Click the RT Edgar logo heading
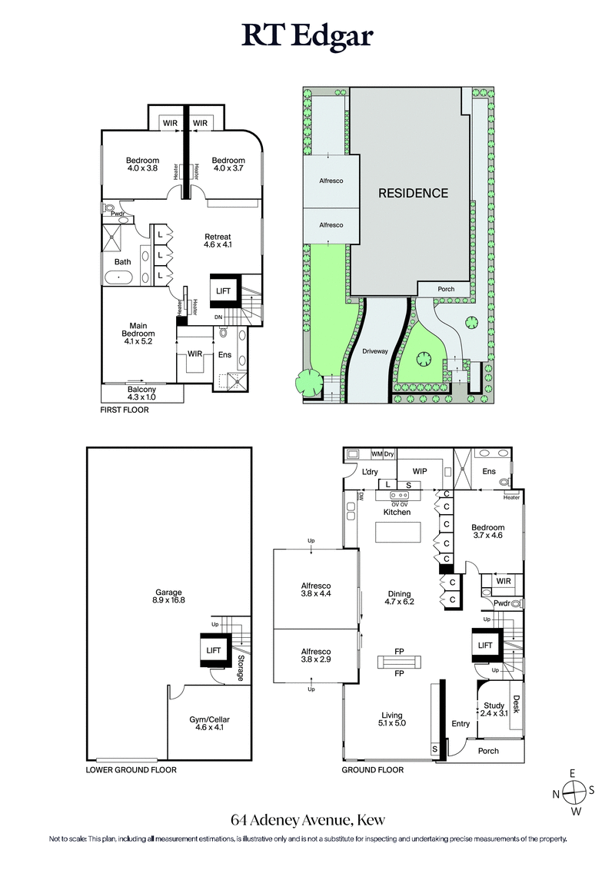click(x=307, y=36)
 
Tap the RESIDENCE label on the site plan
click(x=413, y=193)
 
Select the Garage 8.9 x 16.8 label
click(x=168, y=596)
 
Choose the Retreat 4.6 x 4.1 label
click(x=218, y=240)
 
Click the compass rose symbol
click(x=573, y=792)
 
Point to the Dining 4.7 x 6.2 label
click(x=400, y=598)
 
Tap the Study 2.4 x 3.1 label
click(x=494, y=709)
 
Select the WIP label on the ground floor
click(x=420, y=471)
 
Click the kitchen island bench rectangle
click(x=399, y=533)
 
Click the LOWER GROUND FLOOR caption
click(x=131, y=769)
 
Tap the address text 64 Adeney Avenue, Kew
click(x=307, y=820)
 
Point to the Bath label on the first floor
click(x=123, y=262)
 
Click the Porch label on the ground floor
click(x=488, y=751)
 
